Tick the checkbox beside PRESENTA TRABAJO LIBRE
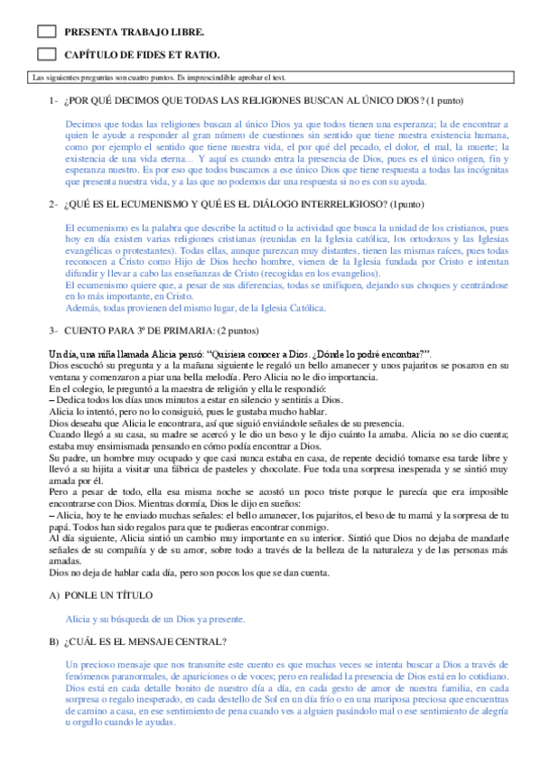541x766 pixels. tap(49, 31)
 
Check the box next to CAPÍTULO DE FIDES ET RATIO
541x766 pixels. tap(49, 54)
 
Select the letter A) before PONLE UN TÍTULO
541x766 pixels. tap(53, 570)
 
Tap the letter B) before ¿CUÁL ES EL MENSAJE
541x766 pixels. tap(53, 617)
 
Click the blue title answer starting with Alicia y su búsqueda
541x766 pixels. tap(155, 593)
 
